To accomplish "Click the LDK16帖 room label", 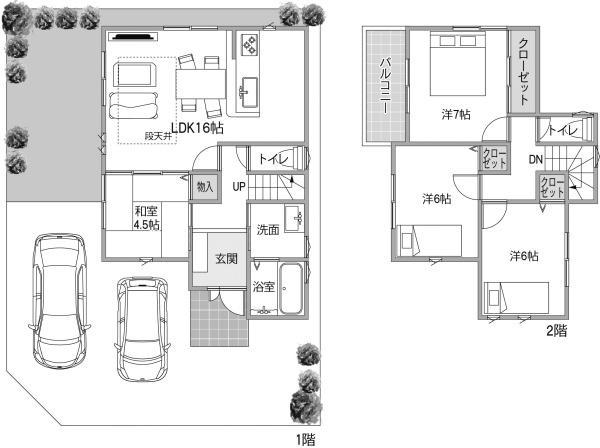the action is click(x=197, y=128).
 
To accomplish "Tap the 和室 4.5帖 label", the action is click(x=146, y=217).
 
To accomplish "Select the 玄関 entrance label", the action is click(x=226, y=259).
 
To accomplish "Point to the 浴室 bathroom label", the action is click(x=264, y=287).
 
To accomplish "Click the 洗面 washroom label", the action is click(x=268, y=230).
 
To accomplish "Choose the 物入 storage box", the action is click(x=205, y=187).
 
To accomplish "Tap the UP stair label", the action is click(x=239, y=187).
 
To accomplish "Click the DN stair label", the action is click(x=536, y=160).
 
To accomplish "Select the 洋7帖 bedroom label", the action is click(x=456, y=114).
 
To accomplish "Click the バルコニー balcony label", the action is click(x=386, y=86).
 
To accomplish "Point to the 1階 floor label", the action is click(x=305, y=439).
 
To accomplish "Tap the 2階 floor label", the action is click(x=556, y=331).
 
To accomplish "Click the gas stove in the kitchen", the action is click(x=249, y=44).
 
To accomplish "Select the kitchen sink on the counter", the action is click(x=250, y=92).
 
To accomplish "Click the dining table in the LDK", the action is click(x=201, y=83).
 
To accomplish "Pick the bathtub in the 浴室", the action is click(x=291, y=288).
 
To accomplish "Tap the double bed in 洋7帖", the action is click(x=458, y=64).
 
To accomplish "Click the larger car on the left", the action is click(x=60, y=300).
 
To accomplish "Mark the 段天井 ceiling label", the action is click(x=157, y=136).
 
